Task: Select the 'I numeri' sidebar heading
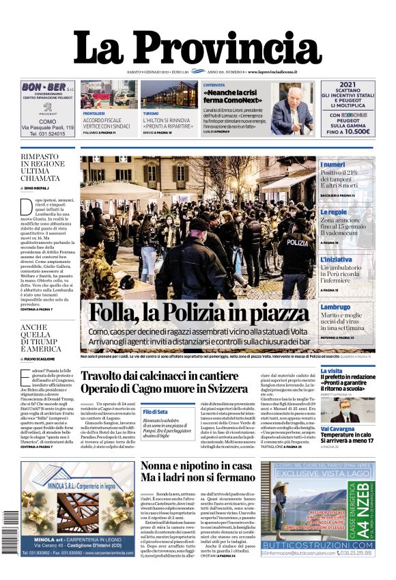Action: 333,165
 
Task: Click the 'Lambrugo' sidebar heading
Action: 336,307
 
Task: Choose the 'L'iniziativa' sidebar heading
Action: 336,260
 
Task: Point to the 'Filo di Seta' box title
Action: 155,412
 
